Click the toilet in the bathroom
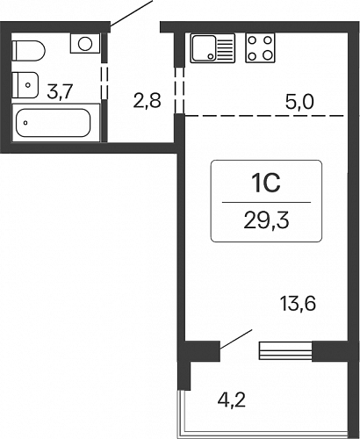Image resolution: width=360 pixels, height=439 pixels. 29,51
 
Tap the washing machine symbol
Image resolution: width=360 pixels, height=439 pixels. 85,43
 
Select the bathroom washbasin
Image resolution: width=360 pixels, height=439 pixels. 25,85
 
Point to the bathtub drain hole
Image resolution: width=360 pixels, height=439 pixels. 25,123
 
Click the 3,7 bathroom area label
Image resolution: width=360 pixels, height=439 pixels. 60,91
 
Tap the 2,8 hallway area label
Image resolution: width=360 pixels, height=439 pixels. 148,101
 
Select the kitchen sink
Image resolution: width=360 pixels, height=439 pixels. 212,48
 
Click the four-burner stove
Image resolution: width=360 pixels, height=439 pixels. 260,47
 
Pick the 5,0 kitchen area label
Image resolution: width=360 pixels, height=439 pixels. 299,103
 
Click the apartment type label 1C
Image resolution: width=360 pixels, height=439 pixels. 266,183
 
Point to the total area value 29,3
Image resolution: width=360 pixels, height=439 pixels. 266,221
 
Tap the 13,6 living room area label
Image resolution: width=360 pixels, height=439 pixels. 298,303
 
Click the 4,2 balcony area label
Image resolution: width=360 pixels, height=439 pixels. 231,400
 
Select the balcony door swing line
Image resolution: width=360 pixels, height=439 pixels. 236,339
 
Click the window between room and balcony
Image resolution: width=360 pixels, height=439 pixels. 285,350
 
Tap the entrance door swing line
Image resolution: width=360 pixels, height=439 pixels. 132,13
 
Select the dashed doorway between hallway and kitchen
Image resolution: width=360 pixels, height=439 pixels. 180,90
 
